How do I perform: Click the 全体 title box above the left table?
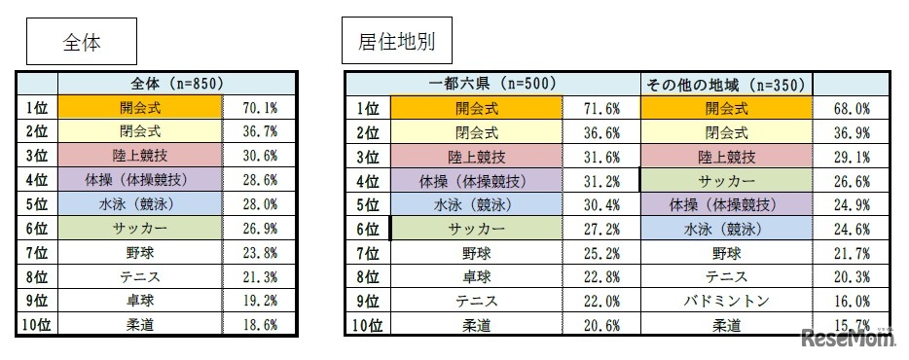click(x=81, y=44)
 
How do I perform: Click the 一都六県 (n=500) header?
click(x=491, y=85)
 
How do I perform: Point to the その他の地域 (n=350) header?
click(x=724, y=85)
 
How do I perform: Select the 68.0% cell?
click(x=852, y=108)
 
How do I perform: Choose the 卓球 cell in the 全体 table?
click(x=140, y=303)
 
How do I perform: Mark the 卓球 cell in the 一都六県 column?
click(x=475, y=278)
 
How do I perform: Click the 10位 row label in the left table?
click(x=36, y=327)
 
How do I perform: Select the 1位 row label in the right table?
click(x=367, y=108)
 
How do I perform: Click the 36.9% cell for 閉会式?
click(x=852, y=132)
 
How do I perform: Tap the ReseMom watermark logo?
click(x=848, y=338)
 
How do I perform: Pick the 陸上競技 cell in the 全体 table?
click(x=140, y=157)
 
